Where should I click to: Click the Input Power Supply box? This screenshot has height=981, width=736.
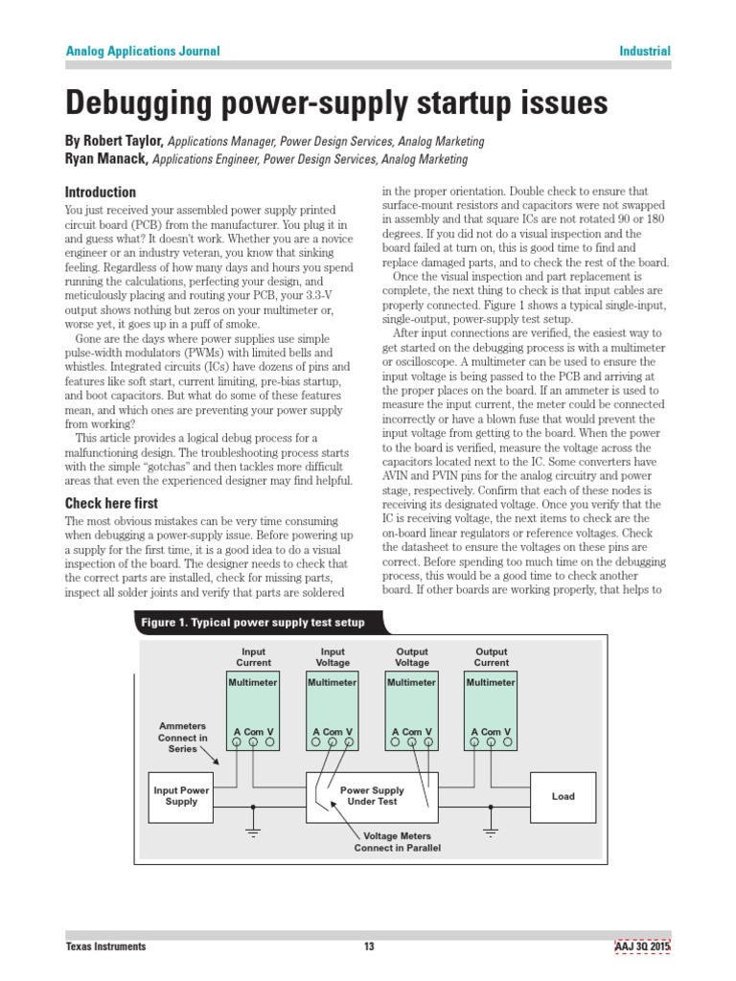tap(181, 795)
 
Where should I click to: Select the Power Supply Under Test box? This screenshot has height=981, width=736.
tap(372, 795)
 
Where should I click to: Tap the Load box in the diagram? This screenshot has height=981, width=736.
tap(563, 795)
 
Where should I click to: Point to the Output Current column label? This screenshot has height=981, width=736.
tap(491, 657)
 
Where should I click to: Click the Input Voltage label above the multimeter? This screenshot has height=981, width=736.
tap(333, 657)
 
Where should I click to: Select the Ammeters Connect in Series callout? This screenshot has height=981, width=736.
tap(182, 738)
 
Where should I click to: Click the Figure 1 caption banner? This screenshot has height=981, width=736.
tap(253, 623)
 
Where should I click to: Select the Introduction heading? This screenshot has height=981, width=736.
tap(100, 192)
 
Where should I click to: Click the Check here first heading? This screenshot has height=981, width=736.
tap(111, 503)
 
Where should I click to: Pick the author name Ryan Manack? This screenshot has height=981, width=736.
tap(105, 159)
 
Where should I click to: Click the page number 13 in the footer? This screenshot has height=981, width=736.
tap(368, 947)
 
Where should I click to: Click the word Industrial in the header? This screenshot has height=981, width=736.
tap(644, 52)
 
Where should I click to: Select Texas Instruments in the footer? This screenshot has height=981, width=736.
tap(105, 947)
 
